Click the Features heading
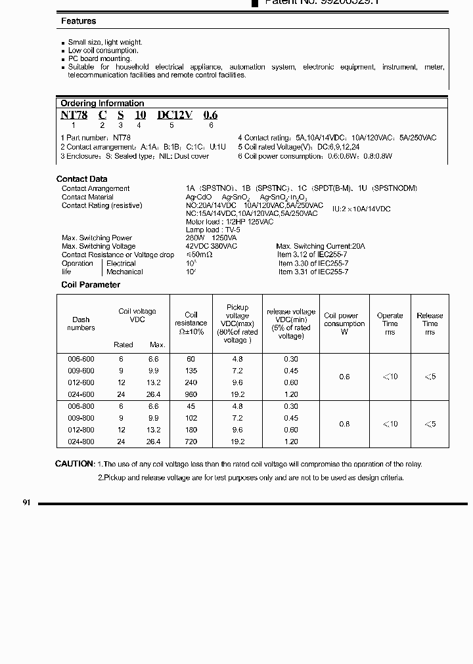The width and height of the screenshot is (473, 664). coord(78,22)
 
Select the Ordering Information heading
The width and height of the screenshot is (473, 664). coord(102,103)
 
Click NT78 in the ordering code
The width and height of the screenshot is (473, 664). coord(74,115)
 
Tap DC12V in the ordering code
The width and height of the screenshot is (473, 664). coord(174,115)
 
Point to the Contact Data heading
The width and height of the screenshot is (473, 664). coord(82,178)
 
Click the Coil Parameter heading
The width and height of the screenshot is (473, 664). coord(91,285)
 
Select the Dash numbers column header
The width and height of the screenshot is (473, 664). coord(81,323)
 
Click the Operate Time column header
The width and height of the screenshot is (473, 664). coord(390,323)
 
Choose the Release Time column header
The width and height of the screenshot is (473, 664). coord(430,323)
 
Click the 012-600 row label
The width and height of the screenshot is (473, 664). coord(81,383)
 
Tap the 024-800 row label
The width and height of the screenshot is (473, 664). coord(81,442)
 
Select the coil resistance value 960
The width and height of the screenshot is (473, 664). coord(191,394)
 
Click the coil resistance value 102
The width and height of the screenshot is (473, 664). coord(191,418)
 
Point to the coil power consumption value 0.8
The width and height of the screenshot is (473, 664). coord(344,424)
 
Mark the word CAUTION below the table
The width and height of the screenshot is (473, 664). coord(75,464)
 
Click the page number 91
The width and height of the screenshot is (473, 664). coord(27,503)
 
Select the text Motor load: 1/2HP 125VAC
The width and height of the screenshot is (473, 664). coord(224,222)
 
